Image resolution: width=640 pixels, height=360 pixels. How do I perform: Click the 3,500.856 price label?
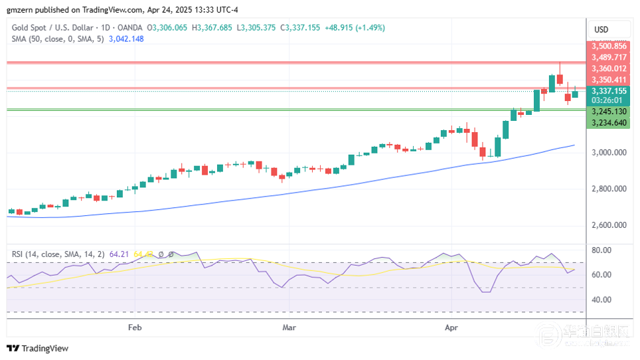(x=609, y=46)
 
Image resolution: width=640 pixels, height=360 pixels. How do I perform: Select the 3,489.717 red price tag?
(x=609, y=57)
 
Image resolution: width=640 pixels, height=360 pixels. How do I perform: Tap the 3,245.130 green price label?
(x=609, y=112)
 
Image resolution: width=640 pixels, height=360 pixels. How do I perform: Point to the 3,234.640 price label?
(x=609, y=123)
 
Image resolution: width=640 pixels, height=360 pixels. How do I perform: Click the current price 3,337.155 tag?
(x=609, y=91)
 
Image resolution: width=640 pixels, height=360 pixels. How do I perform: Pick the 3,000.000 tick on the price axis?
(x=609, y=153)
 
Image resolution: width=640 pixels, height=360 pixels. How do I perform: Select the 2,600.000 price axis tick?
(x=609, y=225)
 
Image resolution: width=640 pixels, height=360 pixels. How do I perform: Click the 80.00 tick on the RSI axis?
(x=601, y=250)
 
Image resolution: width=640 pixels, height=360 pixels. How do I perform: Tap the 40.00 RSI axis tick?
(x=601, y=300)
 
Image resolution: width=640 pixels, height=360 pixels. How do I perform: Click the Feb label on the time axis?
(x=135, y=327)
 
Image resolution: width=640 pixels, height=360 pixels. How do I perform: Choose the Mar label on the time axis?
(x=289, y=327)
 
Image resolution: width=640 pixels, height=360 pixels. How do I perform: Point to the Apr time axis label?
(x=451, y=327)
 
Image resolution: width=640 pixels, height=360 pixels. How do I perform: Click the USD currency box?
(x=601, y=29)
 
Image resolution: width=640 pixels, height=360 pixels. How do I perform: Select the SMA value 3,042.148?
(x=122, y=39)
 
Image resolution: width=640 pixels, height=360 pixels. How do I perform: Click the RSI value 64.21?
(x=120, y=254)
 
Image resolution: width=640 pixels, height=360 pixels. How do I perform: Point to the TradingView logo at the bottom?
(x=37, y=348)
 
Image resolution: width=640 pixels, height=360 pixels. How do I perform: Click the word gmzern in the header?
(x=20, y=9)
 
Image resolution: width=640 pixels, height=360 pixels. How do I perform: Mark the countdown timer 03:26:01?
(x=609, y=100)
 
